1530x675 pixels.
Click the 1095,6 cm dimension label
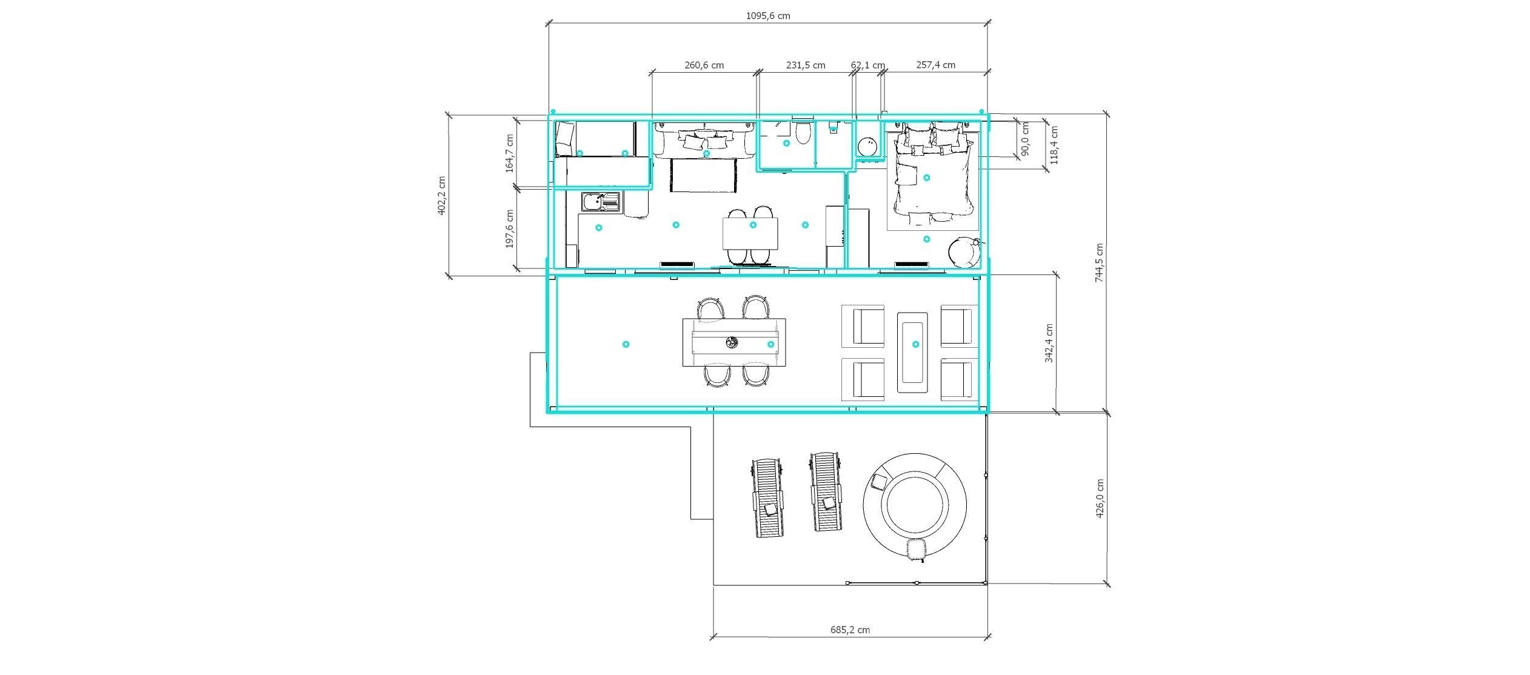767,16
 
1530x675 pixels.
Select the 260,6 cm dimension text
704,65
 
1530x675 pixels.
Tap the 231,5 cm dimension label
806,65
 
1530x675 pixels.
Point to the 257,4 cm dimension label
935,65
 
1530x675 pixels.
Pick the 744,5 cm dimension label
1100,264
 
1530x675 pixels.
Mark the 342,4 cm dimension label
1049,343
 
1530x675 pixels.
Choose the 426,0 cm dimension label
1100,498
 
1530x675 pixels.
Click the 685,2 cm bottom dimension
850,630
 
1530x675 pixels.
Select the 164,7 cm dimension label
509,154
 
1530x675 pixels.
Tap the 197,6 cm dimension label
509,229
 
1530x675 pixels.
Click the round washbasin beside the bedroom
867,147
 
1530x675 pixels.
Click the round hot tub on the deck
915,504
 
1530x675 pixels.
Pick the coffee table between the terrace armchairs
912,352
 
